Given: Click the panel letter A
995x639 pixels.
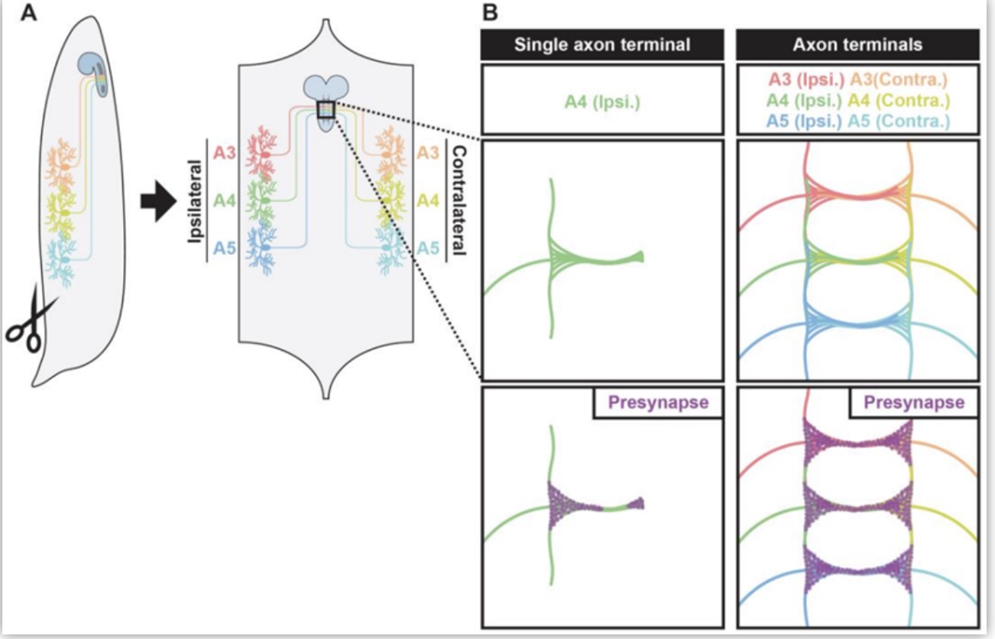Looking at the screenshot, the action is pyautogui.click(x=29, y=13).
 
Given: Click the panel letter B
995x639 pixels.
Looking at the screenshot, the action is pyautogui.click(x=490, y=13).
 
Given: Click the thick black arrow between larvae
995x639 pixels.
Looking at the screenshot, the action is pyautogui.click(x=159, y=201).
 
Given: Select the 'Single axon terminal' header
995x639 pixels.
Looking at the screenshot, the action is pyautogui.click(x=602, y=45).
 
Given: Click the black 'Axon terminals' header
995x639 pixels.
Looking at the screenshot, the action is pyautogui.click(x=857, y=45).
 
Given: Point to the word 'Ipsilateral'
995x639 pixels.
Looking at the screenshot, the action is pyautogui.click(x=195, y=201).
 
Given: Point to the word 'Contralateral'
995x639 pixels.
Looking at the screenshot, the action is pyautogui.click(x=459, y=201).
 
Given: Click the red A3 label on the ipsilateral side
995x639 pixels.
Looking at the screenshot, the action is pyautogui.click(x=225, y=153).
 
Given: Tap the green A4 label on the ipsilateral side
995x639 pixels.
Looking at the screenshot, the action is pyautogui.click(x=225, y=201).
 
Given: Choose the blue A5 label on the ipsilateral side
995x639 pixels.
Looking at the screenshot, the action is pyautogui.click(x=225, y=248).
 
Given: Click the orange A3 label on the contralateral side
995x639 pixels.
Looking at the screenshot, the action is pyautogui.click(x=428, y=153).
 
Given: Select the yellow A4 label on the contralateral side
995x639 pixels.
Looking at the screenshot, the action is pyautogui.click(x=428, y=201).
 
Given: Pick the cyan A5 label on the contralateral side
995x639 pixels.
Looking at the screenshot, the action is pyautogui.click(x=428, y=248).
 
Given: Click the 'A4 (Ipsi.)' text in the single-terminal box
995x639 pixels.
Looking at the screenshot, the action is pyautogui.click(x=602, y=102).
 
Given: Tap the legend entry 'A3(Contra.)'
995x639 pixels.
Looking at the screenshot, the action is pyautogui.click(x=899, y=79).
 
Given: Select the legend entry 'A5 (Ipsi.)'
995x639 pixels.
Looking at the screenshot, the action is pyautogui.click(x=804, y=121).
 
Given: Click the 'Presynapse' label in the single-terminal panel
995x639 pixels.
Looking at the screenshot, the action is pyautogui.click(x=658, y=402).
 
